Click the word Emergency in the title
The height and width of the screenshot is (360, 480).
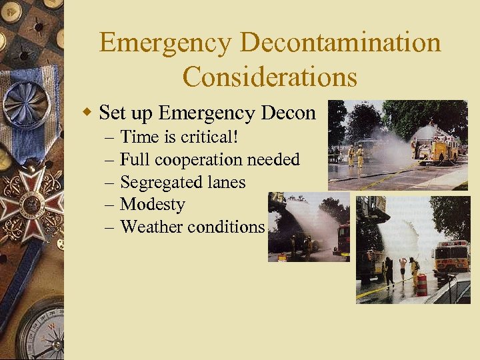pos(165,43)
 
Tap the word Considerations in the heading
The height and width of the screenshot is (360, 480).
pos(270,77)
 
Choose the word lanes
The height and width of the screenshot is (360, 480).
pos(224,182)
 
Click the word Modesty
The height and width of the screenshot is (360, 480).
pos(152,204)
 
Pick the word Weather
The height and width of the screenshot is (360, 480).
pos(152,227)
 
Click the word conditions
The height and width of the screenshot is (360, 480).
pos(226,227)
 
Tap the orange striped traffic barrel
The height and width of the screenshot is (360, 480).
pos(421,285)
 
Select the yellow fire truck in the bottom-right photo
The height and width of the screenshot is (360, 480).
pos(451,257)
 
